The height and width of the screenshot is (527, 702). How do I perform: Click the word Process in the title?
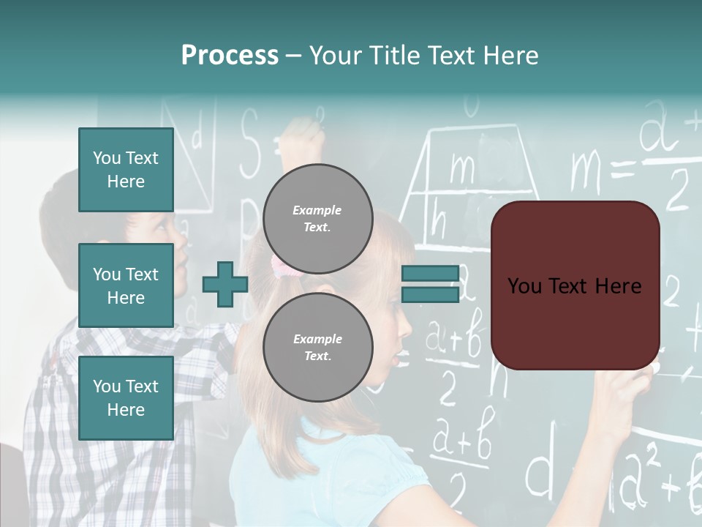pyautogui.click(x=230, y=56)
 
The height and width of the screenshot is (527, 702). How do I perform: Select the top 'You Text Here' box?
pyautogui.click(x=126, y=170)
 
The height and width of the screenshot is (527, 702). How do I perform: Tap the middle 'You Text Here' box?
pyautogui.click(x=126, y=285)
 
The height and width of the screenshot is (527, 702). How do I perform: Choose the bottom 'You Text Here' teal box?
pyautogui.click(x=126, y=398)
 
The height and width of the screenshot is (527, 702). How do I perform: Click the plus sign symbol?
pyautogui.click(x=224, y=285)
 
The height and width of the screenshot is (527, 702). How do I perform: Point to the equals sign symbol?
pyautogui.click(x=430, y=284)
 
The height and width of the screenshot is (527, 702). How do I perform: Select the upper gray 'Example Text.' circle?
pyautogui.click(x=317, y=218)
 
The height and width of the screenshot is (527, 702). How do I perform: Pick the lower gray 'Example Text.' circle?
pyautogui.click(x=317, y=347)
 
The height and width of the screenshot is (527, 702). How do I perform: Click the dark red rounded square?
pyautogui.click(x=575, y=285)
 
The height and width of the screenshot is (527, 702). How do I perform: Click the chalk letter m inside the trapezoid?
pyautogui.click(x=462, y=168)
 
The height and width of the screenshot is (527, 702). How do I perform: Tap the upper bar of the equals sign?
pyautogui.click(x=430, y=274)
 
